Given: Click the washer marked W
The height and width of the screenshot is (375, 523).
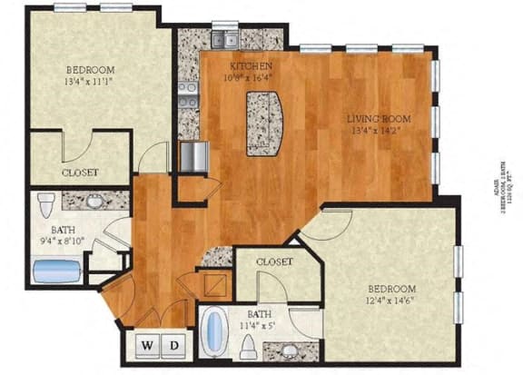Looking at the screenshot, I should click(145, 346).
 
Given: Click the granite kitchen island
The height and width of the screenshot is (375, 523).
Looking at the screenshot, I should click(264, 121).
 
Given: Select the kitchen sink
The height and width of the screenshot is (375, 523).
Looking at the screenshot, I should click(225, 40).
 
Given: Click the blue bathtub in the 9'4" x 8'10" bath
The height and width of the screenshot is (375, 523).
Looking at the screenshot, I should click(57, 271).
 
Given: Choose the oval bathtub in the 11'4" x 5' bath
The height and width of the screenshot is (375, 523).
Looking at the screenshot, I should click(213, 333).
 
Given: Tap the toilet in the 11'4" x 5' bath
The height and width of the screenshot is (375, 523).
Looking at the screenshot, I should click(249, 346).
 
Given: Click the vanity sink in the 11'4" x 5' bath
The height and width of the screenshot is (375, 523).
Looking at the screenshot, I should click(289, 350).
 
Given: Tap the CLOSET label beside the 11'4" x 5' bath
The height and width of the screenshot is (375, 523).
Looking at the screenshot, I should click(274, 262).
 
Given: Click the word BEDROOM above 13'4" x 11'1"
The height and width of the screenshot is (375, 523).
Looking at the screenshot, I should click(90, 71).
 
